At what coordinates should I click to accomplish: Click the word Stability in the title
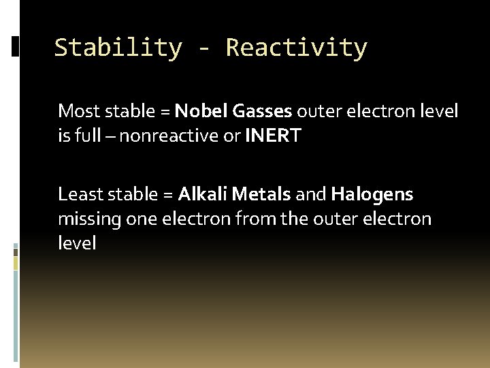coord(118,48)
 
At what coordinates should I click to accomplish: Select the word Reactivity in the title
coord(296,48)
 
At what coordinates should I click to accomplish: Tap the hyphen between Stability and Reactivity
coord(203,48)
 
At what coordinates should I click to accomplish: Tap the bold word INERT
coord(273,136)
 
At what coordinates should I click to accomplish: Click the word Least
coord(78,194)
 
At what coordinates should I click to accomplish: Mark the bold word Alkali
coord(203,194)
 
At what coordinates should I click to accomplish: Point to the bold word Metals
coord(261,194)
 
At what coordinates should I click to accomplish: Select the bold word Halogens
coord(372,194)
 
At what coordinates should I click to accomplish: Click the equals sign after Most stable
coord(164,111)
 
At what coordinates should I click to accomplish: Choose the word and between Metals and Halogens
coord(311,194)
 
